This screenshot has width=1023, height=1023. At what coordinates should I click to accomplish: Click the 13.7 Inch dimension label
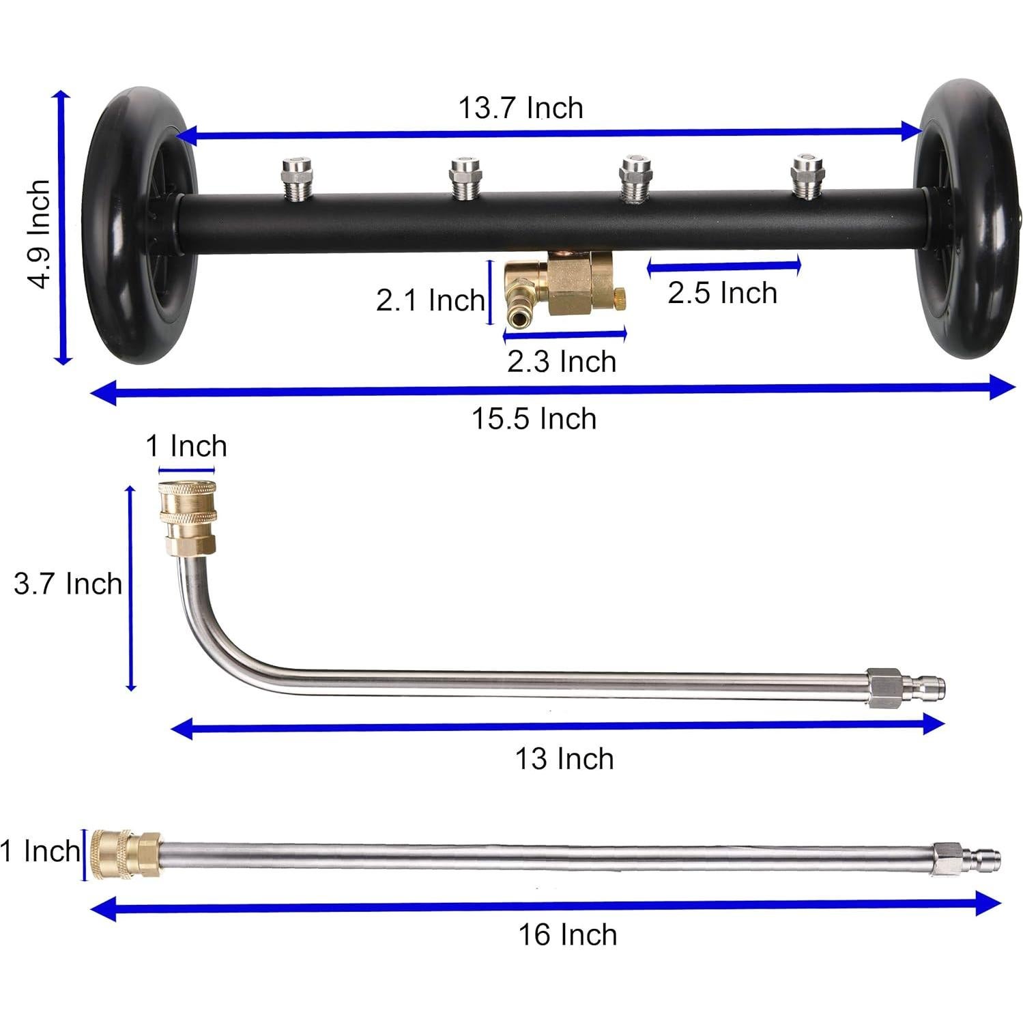point(520,109)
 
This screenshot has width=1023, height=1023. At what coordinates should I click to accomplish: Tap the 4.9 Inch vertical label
point(38,234)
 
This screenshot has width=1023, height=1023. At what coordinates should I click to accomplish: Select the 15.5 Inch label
point(534,418)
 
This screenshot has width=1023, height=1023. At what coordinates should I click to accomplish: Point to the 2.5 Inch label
point(722,293)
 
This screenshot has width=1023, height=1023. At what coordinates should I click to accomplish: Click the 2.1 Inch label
point(430,300)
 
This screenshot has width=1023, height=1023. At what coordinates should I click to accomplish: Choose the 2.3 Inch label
point(561,361)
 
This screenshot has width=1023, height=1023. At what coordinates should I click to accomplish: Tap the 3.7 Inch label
point(68,584)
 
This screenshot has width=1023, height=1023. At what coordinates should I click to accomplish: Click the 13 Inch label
point(564,759)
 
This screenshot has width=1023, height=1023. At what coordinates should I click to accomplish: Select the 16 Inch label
point(567,934)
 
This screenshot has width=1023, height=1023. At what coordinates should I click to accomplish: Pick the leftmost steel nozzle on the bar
point(296,179)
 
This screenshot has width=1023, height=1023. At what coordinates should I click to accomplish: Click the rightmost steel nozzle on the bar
point(807,176)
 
